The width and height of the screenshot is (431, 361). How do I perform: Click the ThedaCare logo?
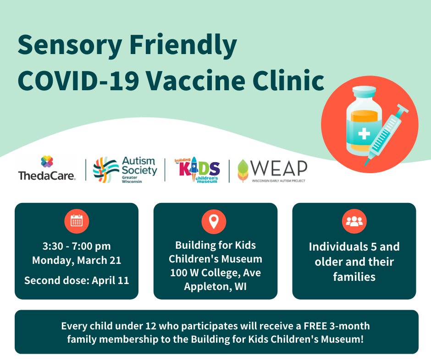click(47, 168)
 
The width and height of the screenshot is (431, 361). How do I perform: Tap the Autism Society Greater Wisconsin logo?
click(125, 170)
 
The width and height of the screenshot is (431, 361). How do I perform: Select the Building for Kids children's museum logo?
click(197, 170)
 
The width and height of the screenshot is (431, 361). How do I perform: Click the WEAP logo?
click(272, 171)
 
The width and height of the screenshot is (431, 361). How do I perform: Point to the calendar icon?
click(77, 221)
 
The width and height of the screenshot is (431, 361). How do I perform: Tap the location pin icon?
click(214, 221)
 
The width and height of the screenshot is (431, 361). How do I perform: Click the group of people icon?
click(354, 221)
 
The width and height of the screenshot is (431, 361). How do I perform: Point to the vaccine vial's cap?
click(364, 92)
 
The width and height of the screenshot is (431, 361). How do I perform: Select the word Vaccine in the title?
click(195, 81)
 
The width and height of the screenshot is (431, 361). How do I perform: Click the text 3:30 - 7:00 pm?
click(77, 246)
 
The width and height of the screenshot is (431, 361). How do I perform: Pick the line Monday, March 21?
click(77, 260)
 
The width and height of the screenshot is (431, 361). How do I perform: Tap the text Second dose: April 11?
click(77, 280)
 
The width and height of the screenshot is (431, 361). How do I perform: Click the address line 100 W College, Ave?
click(215, 273)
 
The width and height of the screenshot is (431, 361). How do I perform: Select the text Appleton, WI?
click(215, 286)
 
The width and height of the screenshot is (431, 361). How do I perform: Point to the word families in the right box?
click(354, 277)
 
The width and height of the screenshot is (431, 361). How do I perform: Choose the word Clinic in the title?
click(288, 81)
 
